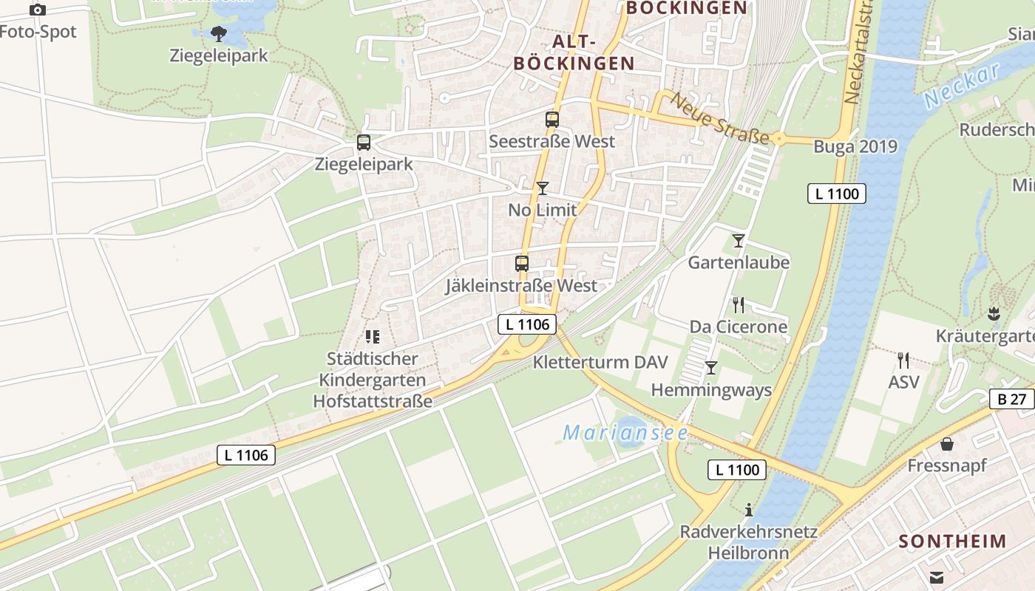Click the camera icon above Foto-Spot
(x=37, y=10)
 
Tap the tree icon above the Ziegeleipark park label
(x=218, y=33)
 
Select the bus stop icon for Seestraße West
(x=552, y=120)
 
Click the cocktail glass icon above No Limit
(x=543, y=188)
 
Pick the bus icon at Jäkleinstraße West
(x=522, y=264)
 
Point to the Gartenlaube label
(x=739, y=262)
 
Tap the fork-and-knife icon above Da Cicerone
(x=738, y=305)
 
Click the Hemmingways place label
(x=711, y=390)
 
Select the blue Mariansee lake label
(x=625, y=433)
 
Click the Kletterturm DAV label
(x=600, y=362)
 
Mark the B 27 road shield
(x=1011, y=399)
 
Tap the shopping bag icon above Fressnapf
(x=946, y=444)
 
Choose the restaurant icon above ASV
(x=903, y=361)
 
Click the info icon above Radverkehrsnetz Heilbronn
(x=749, y=510)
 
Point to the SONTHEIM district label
(x=952, y=541)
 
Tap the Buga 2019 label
(x=855, y=146)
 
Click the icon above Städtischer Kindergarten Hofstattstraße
(x=372, y=338)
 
